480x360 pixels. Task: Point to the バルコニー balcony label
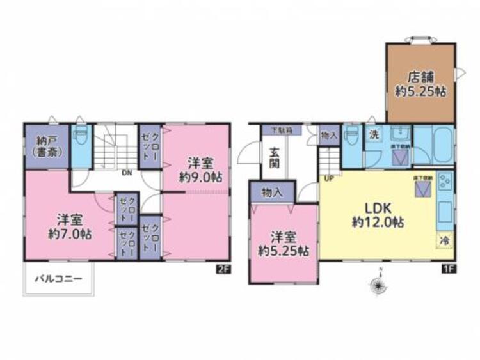coord(58,279)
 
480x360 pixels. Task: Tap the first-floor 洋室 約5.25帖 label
coord(284,243)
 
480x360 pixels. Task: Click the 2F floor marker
coord(222,269)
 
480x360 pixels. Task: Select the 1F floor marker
coord(448,269)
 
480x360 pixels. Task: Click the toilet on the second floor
coord(81,137)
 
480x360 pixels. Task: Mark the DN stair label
coord(127,172)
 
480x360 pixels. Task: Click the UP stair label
coord(330,178)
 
